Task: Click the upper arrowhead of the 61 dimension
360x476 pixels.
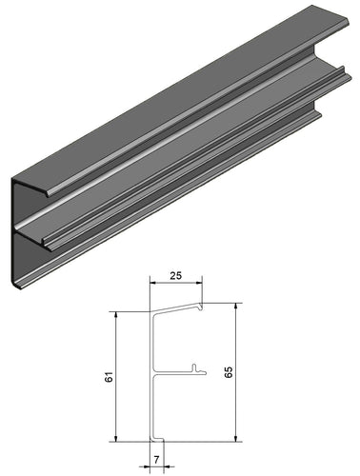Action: (x=115, y=316)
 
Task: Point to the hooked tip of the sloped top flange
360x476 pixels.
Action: (x=200, y=307)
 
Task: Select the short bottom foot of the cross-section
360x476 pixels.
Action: (x=161, y=439)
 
